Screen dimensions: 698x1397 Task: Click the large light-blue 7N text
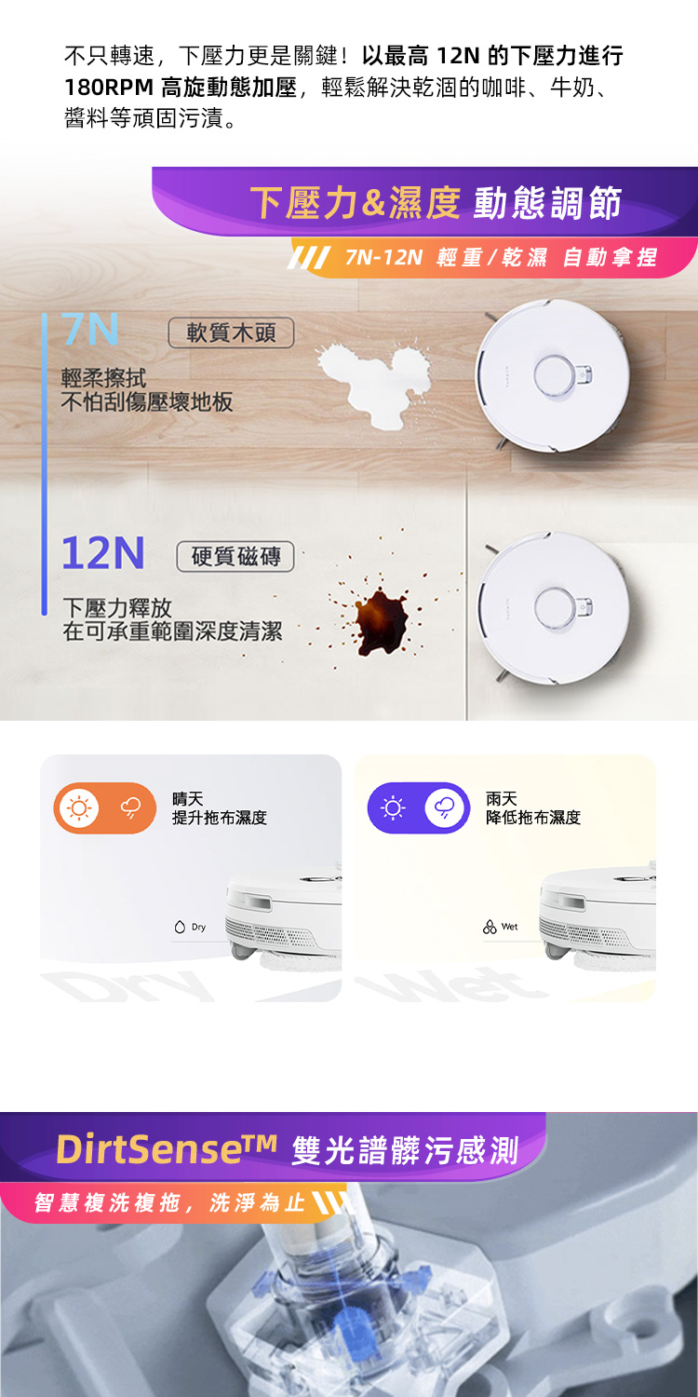click(x=89, y=329)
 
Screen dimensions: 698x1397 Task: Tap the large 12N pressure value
click(x=103, y=552)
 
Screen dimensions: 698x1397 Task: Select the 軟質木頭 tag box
click(x=231, y=332)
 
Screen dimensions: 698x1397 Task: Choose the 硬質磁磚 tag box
click(x=235, y=556)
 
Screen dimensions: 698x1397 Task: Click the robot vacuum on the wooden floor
click(x=552, y=375)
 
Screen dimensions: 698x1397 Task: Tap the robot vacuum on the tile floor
click(x=552, y=609)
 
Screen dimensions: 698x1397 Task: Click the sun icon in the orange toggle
click(x=78, y=807)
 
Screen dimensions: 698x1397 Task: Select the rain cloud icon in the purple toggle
click(x=444, y=807)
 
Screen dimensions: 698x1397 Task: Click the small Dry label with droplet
click(x=190, y=927)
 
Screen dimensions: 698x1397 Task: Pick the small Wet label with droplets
click(x=501, y=927)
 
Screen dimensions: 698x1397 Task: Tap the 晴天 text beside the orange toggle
click(x=188, y=799)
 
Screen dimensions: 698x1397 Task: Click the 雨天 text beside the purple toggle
click(x=502, y=799)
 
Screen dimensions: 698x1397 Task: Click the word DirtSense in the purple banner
click(x=148, y=1148)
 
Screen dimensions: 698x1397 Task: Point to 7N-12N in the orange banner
click(x=383, y=257)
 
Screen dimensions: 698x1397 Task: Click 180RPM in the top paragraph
click(x=109, y=87)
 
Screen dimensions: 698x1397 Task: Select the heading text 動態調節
click(x=548, y=203)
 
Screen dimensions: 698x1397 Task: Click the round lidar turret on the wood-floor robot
click(x=554, y=376)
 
